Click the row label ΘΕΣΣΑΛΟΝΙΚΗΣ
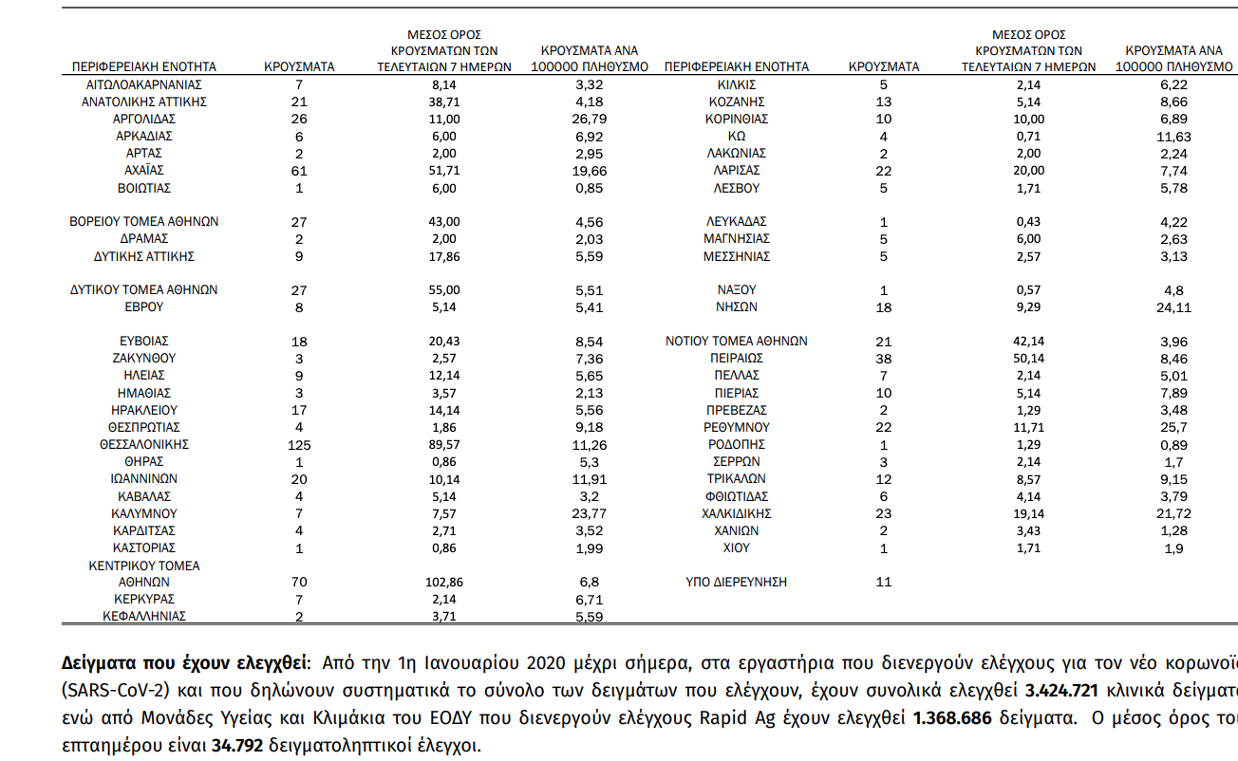pyautogui.click(x=144, y=444)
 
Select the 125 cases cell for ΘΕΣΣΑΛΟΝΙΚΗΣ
pyautogui.click(x=299, y=444)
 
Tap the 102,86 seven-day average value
pyautogui.click(x=444, y=582)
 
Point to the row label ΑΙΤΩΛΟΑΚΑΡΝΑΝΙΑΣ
pyautogui.click(x=144, y=84)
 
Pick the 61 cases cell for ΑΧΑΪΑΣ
pyautogui.click(x=299, y=171)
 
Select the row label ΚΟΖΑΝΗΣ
pyautogui.click(x=737, y=102)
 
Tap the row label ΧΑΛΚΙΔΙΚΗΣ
pyautogui.click(x=737, y=513)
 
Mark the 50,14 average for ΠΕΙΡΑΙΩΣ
pyautogui.click(x=1029, y=359)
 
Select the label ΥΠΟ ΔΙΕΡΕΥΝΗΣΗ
pyautogui.click(x=737, y=582)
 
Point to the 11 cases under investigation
pyautogui.click(x=884, y=582)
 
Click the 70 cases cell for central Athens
pyautogui.click(x=299, y=582)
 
